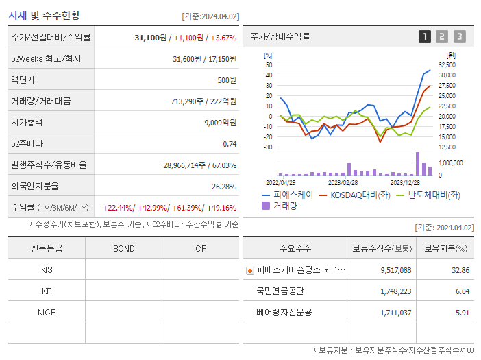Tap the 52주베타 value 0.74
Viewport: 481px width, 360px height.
[x=230, y=144]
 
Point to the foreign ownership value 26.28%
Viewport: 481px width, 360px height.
[x=224, y=186]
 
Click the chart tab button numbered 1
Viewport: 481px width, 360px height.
[x=425, y=36]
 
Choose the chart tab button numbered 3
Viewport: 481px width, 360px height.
[x=459, y=36]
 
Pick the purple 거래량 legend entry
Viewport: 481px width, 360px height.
[x=281, y=205]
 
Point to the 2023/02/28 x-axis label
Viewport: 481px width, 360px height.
[x=343, y=183]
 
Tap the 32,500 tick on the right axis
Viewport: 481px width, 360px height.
[x=446, y=64]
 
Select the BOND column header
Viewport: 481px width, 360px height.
[x=124, y=248]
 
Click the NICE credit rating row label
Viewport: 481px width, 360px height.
[x=47, y=312]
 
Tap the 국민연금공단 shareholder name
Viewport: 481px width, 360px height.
[x=280, y=291]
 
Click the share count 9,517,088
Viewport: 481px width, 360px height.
[x=395, y=270]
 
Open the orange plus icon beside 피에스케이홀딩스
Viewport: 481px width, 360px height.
[x=250, y=271]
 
